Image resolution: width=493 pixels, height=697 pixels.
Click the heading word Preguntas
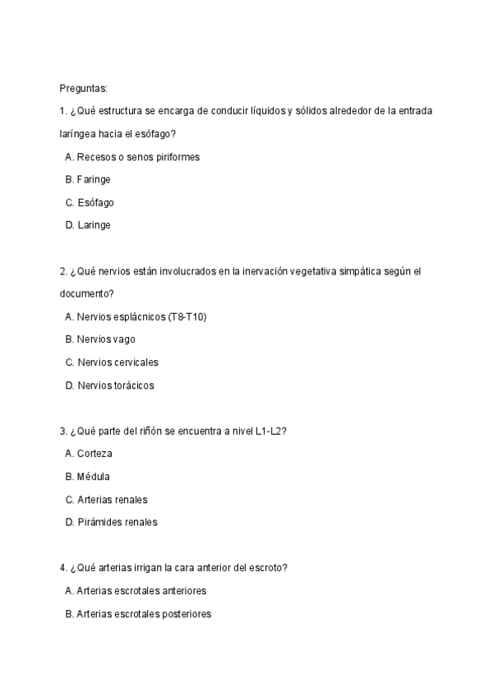click(x=83, y=88)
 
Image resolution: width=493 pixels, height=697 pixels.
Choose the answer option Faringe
click(x=93, y=179)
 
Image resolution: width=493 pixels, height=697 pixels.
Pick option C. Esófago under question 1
click(x=90, y=202)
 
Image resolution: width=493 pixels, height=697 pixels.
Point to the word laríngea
click(x=80, y=134)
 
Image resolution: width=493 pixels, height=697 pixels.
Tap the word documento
click(x=84, y=293)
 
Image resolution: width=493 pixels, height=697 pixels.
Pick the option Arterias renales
click(x=112, y=499)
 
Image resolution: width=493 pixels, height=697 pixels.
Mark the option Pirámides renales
click(x=116, y=522)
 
